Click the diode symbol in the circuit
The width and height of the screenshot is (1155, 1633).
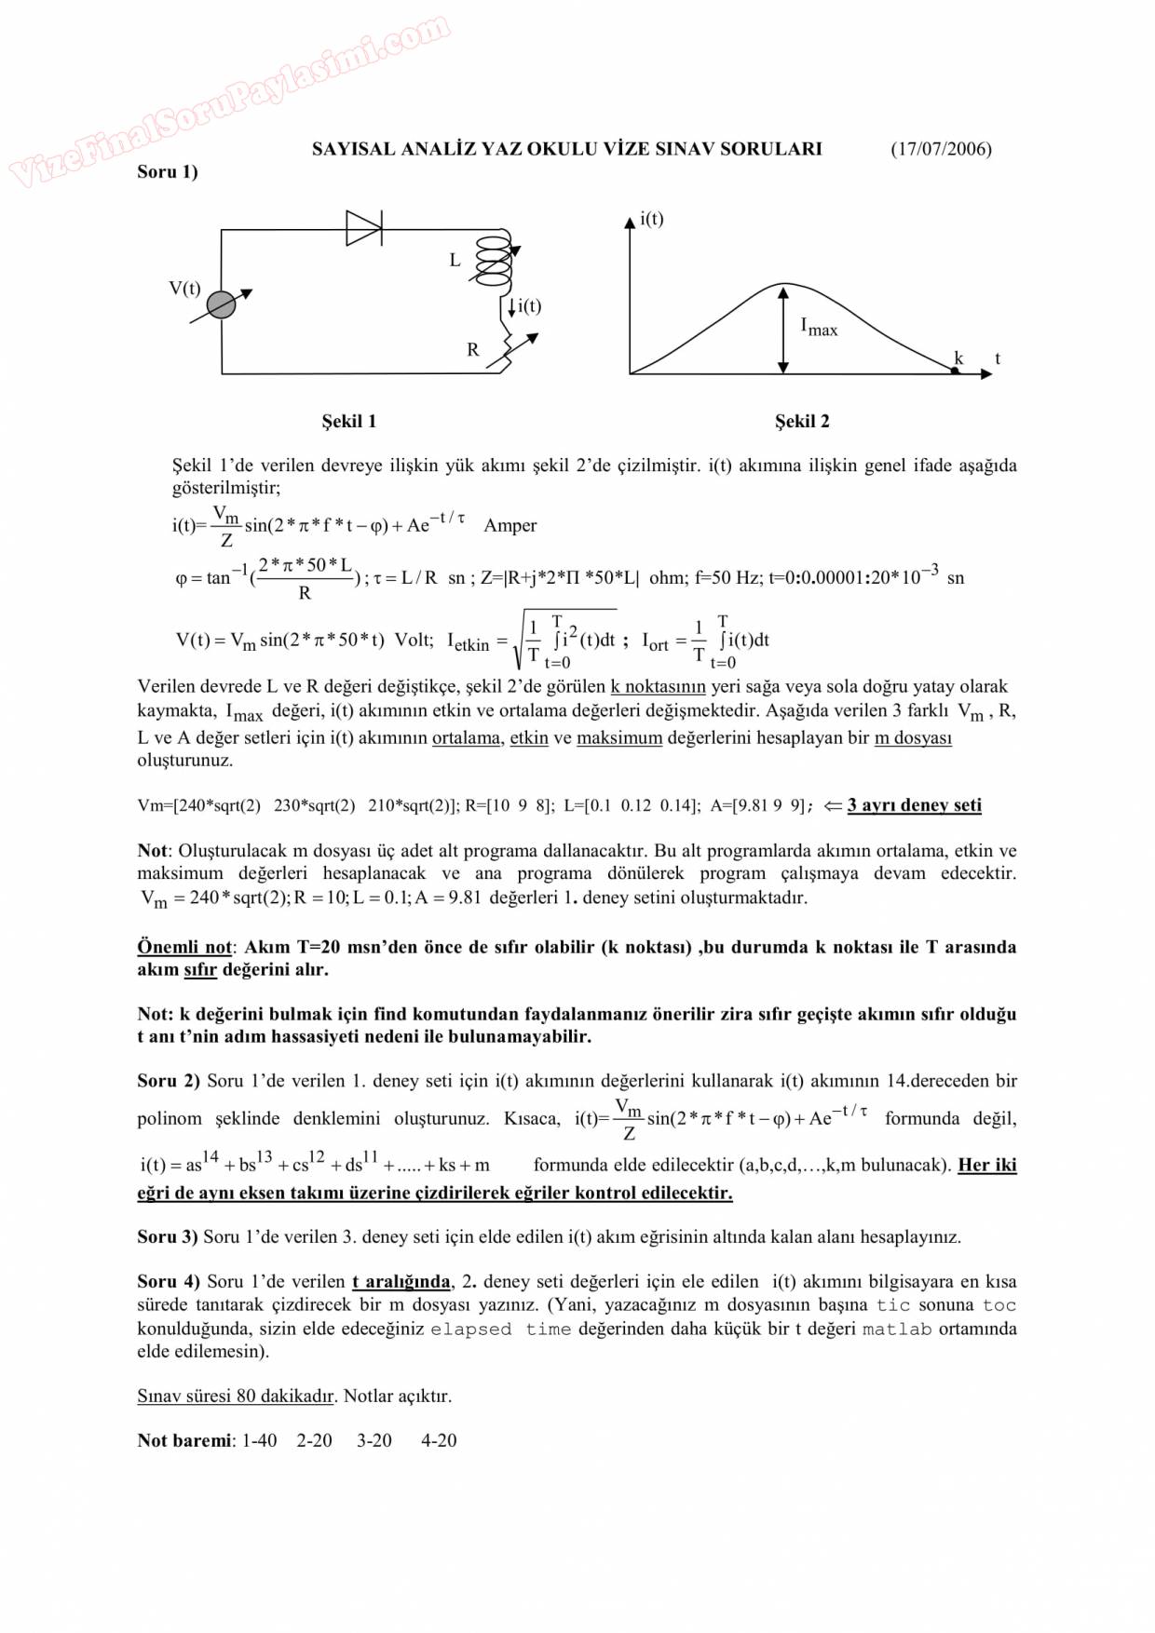pos(363,228)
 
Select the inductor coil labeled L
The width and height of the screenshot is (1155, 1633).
pos(494,259)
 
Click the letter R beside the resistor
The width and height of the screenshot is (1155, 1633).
pos(473,350)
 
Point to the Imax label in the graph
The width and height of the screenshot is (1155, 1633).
pos(819,327)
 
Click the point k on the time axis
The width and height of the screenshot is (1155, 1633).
pos(956,370)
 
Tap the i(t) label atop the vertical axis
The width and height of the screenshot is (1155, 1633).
pos(652,219)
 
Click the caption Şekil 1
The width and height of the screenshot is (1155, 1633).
pos(349,421)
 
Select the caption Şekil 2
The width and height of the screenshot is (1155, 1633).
pos(802,421)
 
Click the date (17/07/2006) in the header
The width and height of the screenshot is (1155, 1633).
pos(941,149)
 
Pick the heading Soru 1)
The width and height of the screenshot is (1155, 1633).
pos(168,171)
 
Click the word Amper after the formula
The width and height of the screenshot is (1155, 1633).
pos(510,525)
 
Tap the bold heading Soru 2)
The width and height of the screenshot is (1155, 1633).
pos(169,1081)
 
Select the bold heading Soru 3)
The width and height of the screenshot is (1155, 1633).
pos(168,1237)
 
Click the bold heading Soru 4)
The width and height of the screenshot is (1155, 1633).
pos(169,1282)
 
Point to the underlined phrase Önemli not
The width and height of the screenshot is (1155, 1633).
pos(184,947)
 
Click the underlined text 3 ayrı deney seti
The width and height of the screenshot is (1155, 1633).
pos(914,805)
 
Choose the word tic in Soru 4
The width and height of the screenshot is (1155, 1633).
pos(892,1305)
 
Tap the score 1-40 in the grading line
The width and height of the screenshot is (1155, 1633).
pos(259,1440)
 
